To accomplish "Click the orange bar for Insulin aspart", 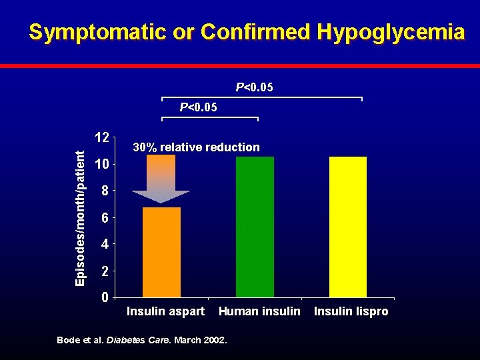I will point(162,252).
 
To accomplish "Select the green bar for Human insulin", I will point(255,227).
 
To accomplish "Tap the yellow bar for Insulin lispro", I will point(348,227).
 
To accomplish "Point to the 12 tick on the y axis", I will point(102,137).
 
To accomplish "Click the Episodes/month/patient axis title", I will point(80,218).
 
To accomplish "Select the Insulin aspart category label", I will point(165,311).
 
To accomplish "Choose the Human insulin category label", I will point(259,311).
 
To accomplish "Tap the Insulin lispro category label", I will point(351,311).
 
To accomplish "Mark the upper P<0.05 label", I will point(254,87).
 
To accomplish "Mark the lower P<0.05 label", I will point(198,107).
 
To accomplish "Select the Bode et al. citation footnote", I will point(142,340).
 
